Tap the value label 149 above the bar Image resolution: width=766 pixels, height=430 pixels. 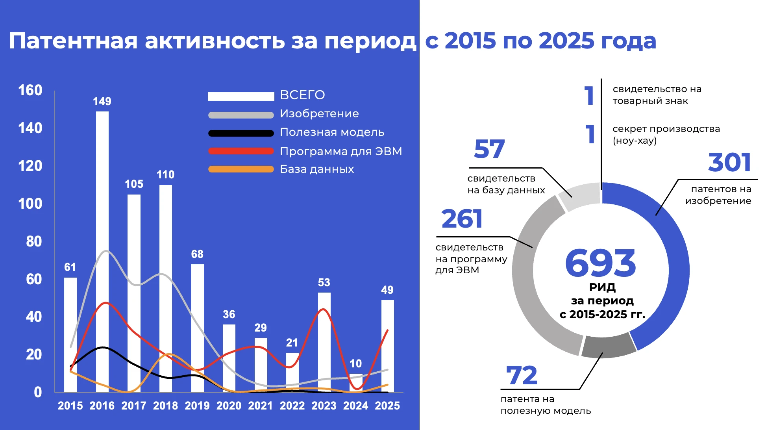click(x=102, y=102)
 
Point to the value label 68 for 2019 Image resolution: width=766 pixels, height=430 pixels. click(x=197, y=254)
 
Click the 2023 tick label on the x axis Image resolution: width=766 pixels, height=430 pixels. click(x=324, y=406)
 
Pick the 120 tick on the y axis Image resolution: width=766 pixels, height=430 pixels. click(x=30, y=166)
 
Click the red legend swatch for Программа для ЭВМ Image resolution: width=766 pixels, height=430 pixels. click(x=241, y=151)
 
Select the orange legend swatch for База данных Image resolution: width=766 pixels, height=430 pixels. click(x=241, y=169)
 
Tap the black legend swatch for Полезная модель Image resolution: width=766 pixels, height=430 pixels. click(x=241, y=133)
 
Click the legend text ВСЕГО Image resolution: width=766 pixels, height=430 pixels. click(x=302, y=95)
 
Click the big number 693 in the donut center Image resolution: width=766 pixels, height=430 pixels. click(x=600, y=263)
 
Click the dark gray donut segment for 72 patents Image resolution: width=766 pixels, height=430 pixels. click(x=608, y=347)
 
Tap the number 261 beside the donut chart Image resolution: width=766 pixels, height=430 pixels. click(x=462, y=219)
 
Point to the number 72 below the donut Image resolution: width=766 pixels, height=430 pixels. click(x=522, y=375)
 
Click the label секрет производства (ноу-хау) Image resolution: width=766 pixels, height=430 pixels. click(x=666, y=135)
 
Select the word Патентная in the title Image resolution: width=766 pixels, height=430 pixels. click(x=73, y=41)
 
